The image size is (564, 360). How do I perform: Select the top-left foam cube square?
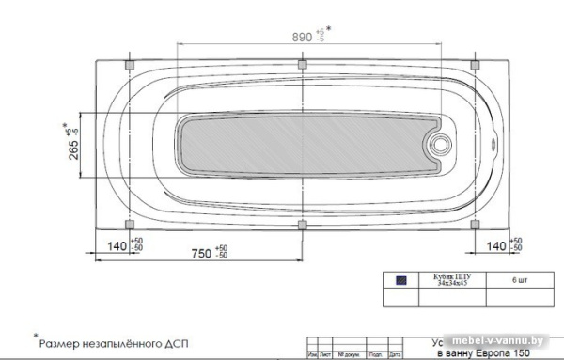(130, 65)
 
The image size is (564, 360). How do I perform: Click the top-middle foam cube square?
(302, 65)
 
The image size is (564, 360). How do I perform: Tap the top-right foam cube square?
(474, 65)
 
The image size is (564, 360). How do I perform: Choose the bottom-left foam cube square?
(130, 224)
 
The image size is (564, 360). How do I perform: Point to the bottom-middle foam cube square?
(302, 224)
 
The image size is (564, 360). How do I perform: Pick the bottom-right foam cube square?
(474, 224)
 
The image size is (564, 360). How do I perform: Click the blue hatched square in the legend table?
(401, 280)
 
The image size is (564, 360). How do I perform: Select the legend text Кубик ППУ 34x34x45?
(450, 280)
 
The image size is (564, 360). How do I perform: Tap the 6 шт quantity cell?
(520, 280)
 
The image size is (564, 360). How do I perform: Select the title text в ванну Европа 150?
(479, 354)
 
